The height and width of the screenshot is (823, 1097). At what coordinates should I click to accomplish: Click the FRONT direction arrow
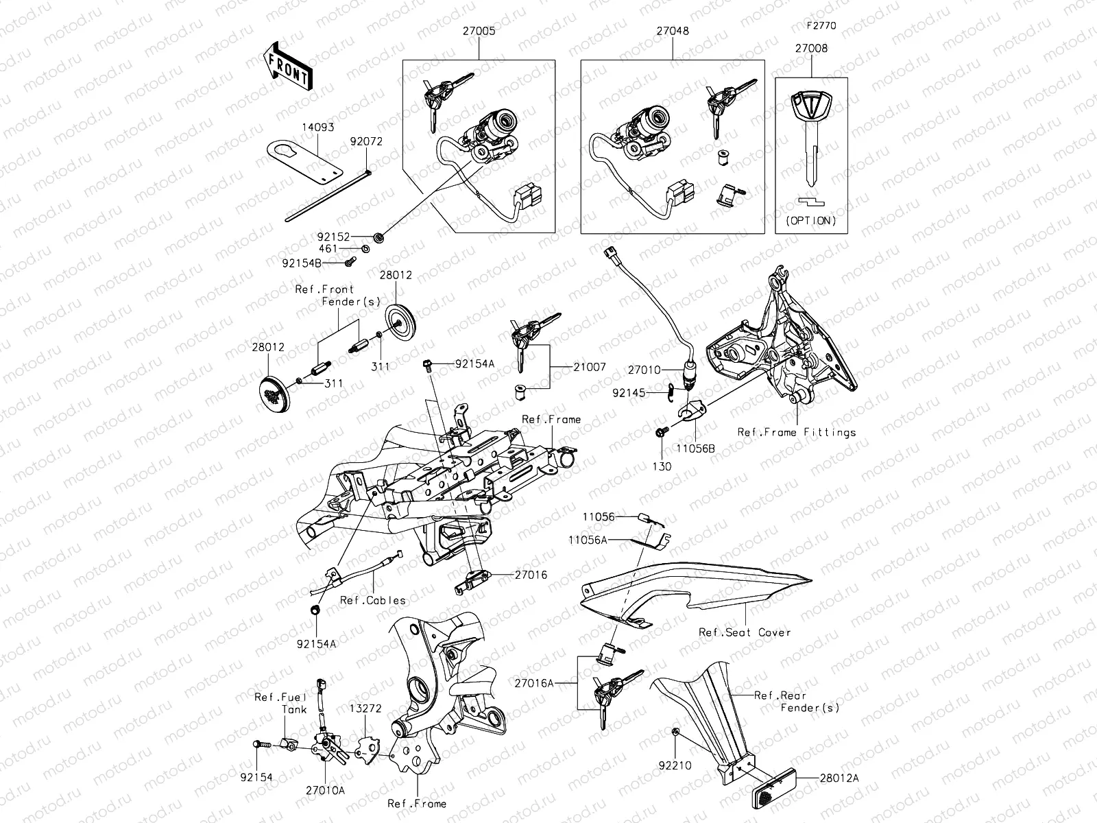click(287, 67)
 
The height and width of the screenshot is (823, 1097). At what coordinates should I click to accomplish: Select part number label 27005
click(479, 31)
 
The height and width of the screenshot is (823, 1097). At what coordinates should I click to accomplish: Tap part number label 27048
click(672, 31)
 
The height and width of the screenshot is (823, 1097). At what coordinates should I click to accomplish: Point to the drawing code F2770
click(821, 26)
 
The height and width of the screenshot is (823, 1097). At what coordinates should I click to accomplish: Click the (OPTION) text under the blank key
click(811, 221)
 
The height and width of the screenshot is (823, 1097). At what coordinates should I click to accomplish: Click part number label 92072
click(366, 142)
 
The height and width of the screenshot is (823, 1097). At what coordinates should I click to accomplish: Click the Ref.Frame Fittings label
click(796, 432)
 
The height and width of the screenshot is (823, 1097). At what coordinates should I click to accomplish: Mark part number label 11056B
click(695, 448)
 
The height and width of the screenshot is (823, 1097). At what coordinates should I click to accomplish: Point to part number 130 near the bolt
click(662, 466)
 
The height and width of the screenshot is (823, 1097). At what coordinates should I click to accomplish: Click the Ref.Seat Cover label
click(745, 632)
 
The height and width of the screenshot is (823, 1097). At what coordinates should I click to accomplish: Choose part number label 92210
click(675, 765)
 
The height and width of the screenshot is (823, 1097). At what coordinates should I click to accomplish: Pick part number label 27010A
click(326, 789)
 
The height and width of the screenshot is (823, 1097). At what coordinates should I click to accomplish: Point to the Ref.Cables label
click(373, 600)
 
